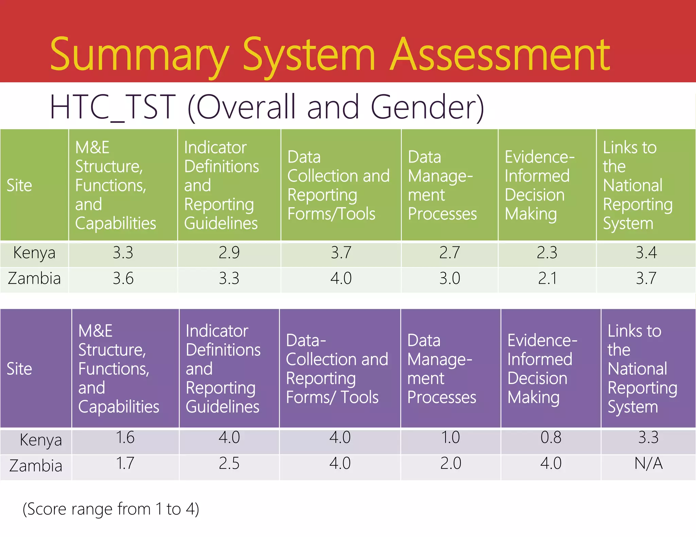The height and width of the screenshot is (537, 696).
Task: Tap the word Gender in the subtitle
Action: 423,107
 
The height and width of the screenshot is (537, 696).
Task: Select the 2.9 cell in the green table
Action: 229,253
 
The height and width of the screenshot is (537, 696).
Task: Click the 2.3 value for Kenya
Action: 547,253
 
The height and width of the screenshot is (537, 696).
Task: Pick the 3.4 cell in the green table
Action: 646,253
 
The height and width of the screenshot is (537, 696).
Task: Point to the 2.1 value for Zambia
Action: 547,279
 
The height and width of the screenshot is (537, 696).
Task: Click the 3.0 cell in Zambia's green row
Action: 449,279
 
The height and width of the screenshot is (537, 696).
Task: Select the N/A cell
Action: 648,463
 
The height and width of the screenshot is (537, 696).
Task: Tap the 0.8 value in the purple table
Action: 551,438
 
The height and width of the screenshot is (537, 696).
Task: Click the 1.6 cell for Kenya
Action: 125,438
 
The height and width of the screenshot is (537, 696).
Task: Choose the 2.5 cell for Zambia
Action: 229,463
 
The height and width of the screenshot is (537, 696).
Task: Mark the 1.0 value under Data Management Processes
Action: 450,438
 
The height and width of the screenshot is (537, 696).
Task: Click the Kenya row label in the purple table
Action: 41,440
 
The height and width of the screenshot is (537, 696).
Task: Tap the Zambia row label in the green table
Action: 34,279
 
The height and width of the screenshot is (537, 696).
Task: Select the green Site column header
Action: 19,185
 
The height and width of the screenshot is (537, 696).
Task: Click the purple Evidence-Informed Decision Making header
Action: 542,369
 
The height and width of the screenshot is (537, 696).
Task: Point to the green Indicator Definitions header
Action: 222,185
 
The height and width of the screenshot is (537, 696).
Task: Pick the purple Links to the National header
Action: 642,369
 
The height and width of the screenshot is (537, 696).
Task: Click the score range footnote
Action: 111,509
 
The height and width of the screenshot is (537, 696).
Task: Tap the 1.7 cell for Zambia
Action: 125,463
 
